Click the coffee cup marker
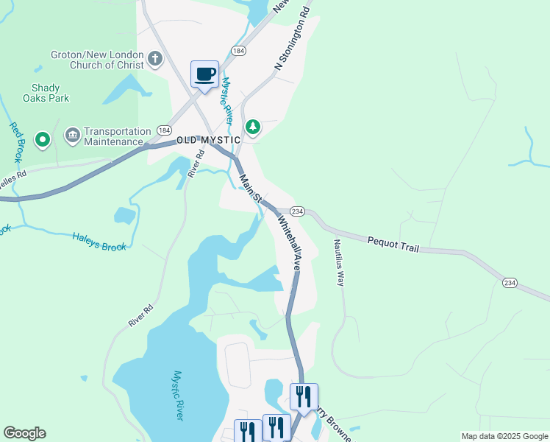pos(204,74)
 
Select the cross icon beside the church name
pos(155,58)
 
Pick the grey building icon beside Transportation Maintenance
pos(72,135)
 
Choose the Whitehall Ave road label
pos(289,242)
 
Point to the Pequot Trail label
pos(393,244)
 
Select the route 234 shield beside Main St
pos(297,211)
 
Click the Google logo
pos(24,433)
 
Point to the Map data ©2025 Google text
pos(504,436)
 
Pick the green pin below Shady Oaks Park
pos(43,138)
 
